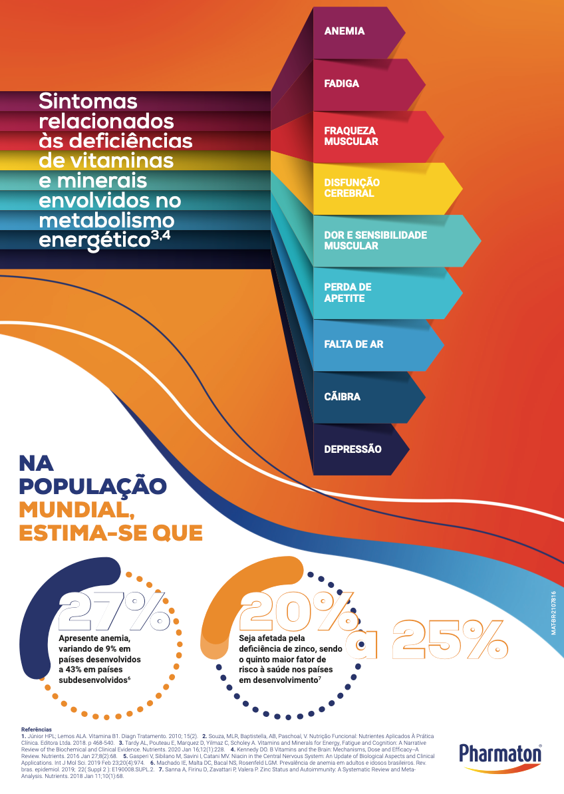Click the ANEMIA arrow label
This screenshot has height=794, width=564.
point(344,31)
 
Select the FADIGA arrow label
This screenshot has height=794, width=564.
point(341,84)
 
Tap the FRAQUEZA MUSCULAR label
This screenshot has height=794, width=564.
point(351,136)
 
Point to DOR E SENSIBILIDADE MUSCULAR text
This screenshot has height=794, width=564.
point(375,240)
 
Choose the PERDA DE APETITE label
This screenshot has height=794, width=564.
point(347,293)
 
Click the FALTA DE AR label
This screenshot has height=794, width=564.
point(353,344)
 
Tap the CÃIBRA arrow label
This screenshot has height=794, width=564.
point(342,397)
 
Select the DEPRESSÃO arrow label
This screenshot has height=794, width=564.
point(352,449)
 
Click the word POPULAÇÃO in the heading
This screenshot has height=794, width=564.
point(92,485)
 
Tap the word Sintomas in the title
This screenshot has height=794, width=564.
point(88,101)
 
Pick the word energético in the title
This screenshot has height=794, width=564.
point(93,239)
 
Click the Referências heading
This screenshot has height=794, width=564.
point(37,729)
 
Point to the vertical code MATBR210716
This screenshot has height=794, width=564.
point(553,612)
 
